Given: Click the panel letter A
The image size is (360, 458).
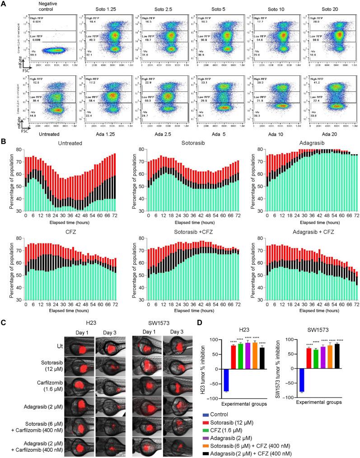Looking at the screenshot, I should (x=4, y=4).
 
